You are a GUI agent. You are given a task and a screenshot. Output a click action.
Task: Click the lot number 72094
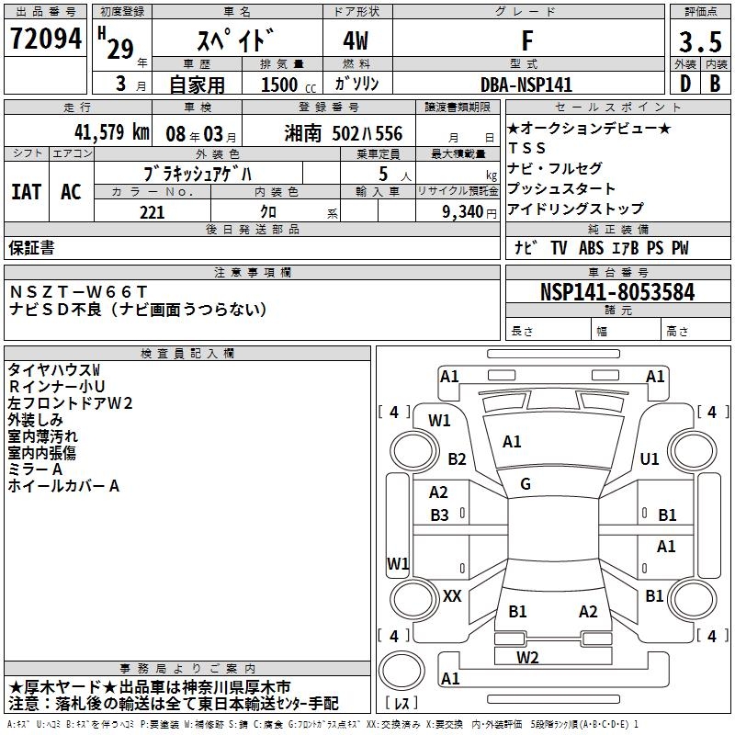(x=45, y=39)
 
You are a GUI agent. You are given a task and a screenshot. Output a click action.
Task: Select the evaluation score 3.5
(x=700, y=41)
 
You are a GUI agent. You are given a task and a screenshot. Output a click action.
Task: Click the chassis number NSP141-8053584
(x=617, y=292)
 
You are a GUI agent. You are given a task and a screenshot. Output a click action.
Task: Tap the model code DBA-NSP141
(x=526, y=85)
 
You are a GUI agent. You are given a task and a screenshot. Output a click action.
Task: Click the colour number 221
(x=151, y=212)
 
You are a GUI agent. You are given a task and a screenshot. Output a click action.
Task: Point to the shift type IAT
(x=27, y=191)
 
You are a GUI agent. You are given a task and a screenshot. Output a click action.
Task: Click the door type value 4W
(x=357, y=41)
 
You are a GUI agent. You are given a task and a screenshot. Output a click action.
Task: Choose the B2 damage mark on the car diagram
(x=457, y=458)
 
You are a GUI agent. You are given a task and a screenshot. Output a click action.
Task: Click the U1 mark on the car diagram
(x=650, y=458)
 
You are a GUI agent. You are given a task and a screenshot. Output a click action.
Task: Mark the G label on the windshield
(x=526, y=484)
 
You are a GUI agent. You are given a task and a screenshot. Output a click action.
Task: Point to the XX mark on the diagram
(x=452, y=595)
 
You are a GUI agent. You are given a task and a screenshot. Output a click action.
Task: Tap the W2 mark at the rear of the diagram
(x=527, y=656)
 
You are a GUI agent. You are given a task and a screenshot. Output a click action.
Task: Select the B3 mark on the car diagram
(x=440, y=515)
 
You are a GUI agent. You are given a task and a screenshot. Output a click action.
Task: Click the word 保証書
(x=32, y=247)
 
